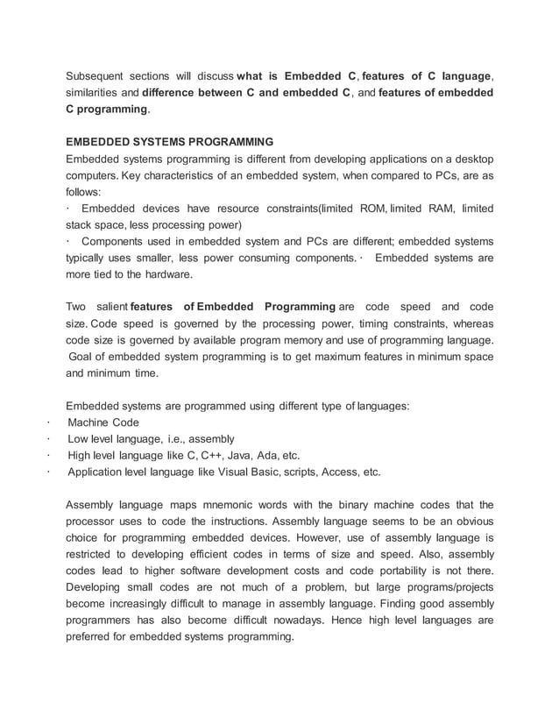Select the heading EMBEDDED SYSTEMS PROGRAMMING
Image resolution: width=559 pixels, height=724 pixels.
coord(170,142)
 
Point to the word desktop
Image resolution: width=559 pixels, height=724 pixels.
coord(471,159)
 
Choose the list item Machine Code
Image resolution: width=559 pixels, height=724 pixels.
coord(103,422)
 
